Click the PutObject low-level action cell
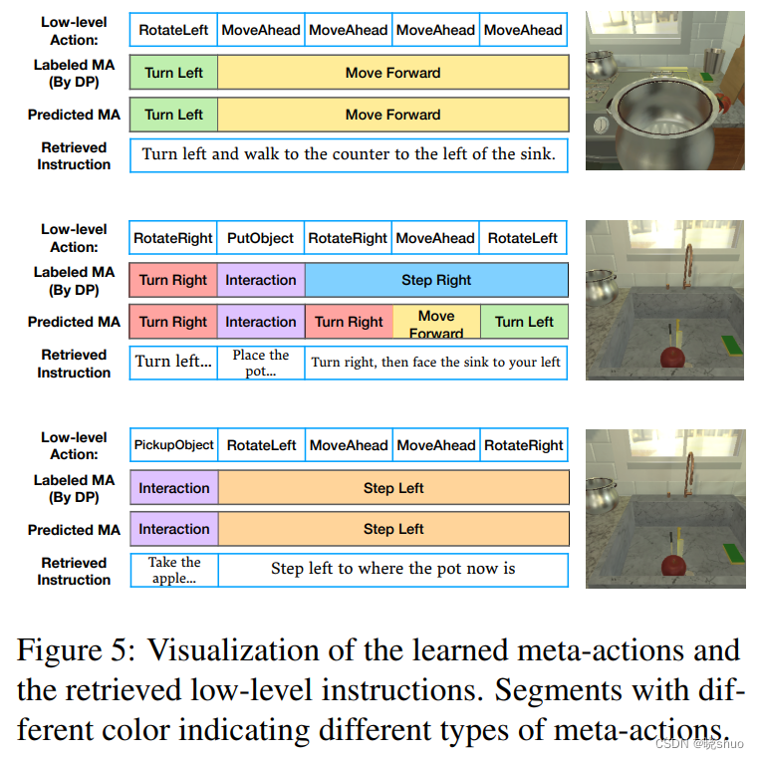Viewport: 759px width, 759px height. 260,238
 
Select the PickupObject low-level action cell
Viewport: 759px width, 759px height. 173,445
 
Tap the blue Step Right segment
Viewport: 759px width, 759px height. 436,280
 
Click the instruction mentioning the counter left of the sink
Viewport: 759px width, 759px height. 349,154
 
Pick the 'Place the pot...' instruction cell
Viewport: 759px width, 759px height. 260,363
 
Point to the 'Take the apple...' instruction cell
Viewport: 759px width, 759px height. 173,570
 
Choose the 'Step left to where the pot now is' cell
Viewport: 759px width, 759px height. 392,569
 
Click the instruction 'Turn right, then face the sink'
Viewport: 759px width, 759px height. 436,363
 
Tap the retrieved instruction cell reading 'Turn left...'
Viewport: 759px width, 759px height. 173,362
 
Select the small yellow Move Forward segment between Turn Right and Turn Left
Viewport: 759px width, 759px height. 436,323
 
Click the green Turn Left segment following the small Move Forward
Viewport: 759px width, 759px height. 524,322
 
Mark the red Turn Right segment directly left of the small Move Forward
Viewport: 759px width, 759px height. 349,322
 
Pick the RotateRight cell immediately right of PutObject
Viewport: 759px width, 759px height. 348,238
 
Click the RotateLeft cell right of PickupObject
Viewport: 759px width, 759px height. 261,445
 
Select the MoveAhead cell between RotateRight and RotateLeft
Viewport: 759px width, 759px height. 435,238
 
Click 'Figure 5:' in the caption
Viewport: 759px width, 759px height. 75,651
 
